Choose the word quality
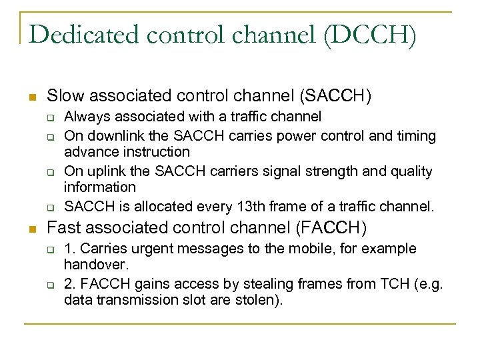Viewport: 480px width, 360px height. pos(409,171)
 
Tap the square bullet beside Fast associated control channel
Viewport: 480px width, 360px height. pos(31,228)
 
